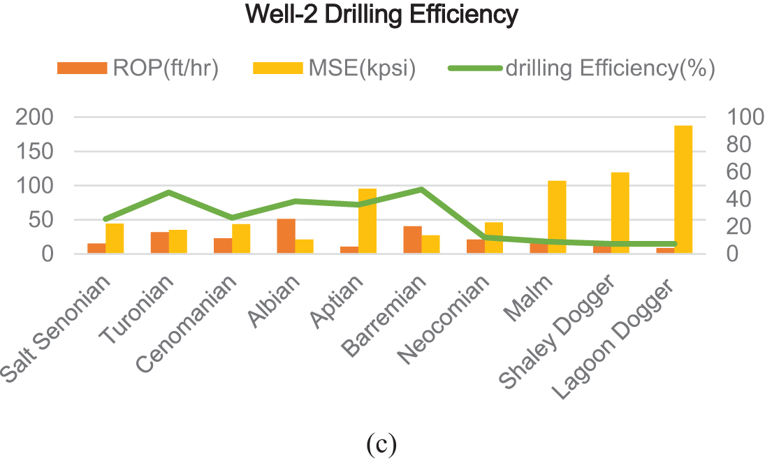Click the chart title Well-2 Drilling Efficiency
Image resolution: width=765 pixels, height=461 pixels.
382,15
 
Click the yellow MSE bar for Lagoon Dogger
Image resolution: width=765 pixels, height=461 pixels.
683,189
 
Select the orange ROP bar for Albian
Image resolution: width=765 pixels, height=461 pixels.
286,236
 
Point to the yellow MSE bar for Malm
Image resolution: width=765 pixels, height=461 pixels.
557,217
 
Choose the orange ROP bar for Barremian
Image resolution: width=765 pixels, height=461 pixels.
412,240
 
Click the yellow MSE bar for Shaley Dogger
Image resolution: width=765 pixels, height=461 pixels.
620,212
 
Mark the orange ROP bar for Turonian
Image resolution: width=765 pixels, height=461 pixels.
160,242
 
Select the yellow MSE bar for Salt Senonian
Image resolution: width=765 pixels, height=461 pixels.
115,238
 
